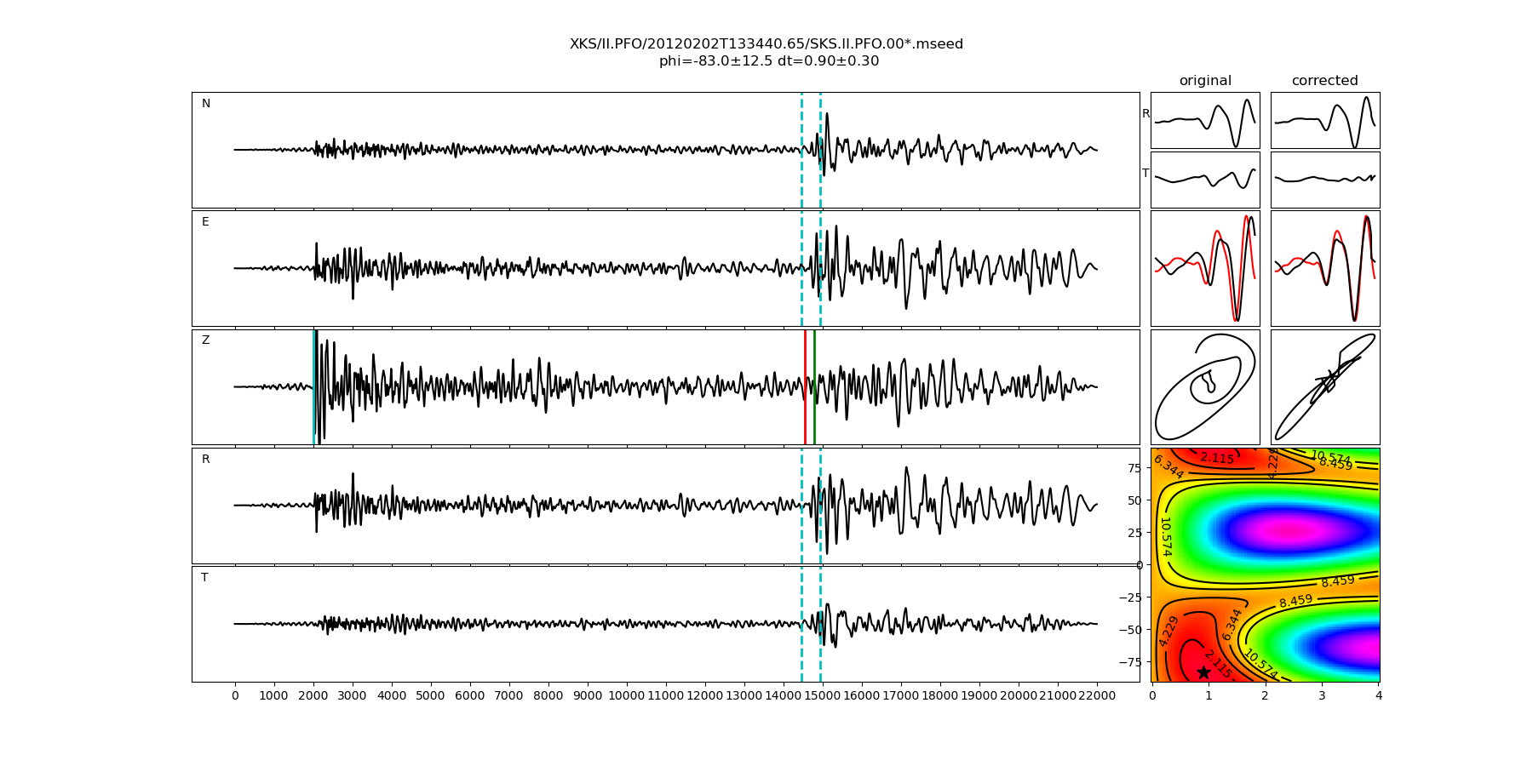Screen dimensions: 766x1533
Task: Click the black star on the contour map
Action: [x=1203, y=672]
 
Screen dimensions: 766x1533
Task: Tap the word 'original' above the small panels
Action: [x=1205, y=81]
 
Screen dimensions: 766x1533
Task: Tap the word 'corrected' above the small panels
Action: [x=1324, y=81]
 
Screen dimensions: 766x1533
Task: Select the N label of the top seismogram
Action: [x=206, y=104]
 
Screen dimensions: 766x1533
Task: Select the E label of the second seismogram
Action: [x=205, y=222]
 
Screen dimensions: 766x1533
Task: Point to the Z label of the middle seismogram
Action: [x=205, y=340]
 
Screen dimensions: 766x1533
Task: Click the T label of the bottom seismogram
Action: [x=204, y=578]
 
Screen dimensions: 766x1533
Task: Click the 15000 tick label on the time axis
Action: [x=823, y=696]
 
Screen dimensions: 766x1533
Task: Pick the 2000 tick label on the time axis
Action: [x=313, y=696]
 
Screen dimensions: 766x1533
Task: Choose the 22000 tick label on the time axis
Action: [x=1097, y=696]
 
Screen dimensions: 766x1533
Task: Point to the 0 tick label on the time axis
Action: [x=235, y=696]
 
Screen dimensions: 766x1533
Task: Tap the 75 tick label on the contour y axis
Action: [x=1134, y=467]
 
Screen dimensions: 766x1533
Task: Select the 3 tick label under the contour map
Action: [x=1322, y=696]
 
